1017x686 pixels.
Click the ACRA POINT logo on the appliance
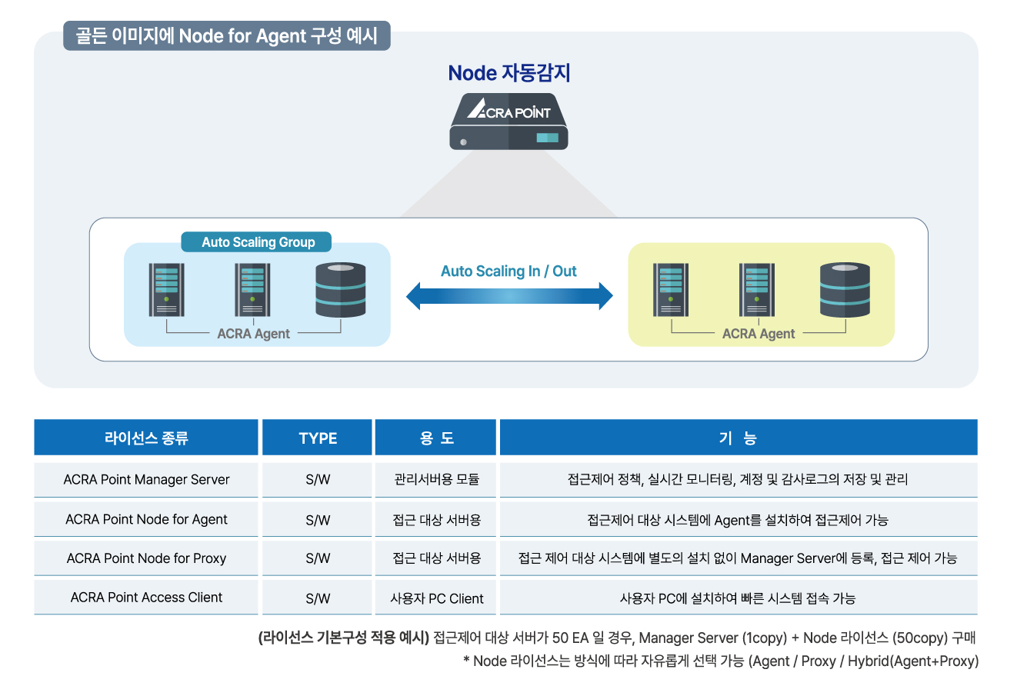[508, 109]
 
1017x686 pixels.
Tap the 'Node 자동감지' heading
[509, 73]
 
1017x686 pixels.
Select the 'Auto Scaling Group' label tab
[256, 242]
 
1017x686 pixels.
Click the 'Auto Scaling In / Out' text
[508, 271]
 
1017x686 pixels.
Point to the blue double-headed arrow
[509, 296]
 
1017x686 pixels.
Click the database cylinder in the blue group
[341, 290]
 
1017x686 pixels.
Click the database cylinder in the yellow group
[845, 290]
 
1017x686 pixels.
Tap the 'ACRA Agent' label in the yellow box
[759, 334]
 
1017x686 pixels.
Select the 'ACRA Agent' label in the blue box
[253, 334]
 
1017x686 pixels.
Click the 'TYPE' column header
[318, 438]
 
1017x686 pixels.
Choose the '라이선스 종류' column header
[146, 438]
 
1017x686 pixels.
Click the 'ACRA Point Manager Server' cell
[146, 480]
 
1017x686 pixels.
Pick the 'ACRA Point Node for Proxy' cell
[146, 558]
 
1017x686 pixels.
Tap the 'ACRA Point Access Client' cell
[146, 598]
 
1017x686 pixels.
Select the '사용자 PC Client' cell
[436, 598]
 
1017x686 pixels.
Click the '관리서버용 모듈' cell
[436, 480]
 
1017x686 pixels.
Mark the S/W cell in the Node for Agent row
[318, 520]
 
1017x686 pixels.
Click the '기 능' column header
[739, 438]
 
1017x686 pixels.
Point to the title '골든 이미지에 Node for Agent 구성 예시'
[226, 36]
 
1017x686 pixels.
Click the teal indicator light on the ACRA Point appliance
[548, 138]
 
